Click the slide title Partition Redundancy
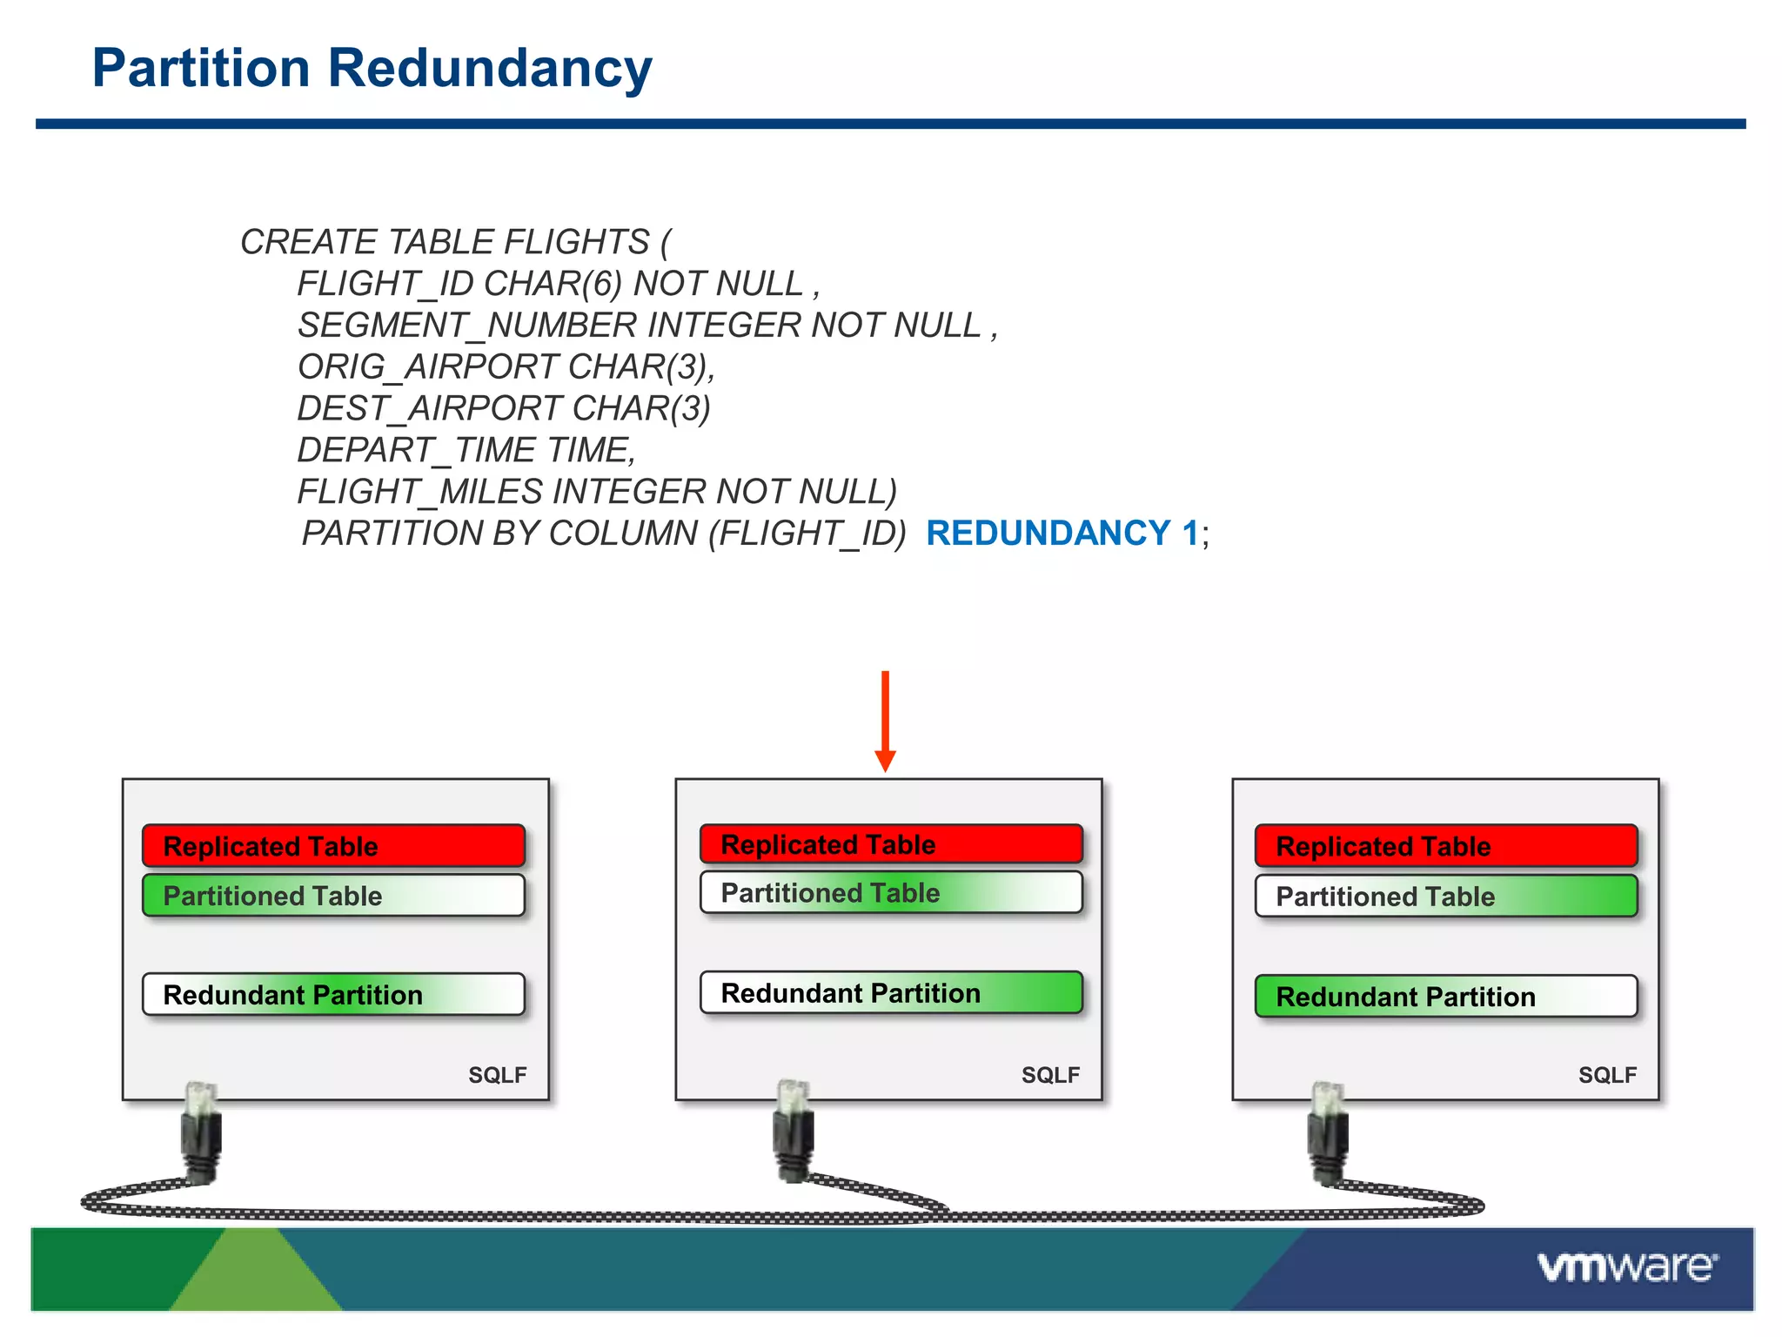pos(372,68)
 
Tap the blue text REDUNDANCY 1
pos(1062,533)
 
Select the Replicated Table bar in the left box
pos(333,846)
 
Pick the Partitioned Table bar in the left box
pos(333,896)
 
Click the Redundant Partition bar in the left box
pos(333,995)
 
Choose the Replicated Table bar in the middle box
pos(891,844)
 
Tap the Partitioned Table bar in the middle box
pos(891,893)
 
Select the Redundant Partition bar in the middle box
pos(891,993)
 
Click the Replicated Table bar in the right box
pos(1445,846)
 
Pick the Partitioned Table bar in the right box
pos(1445,897)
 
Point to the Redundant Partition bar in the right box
pos(1445,997)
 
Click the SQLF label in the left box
pos(497,1075)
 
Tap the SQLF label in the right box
pos(1607,1075)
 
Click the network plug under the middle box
pos(793,1132)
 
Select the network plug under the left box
pos(201,1132)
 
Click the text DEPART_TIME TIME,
pos(466,450)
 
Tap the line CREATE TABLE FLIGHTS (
pos(455,242)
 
